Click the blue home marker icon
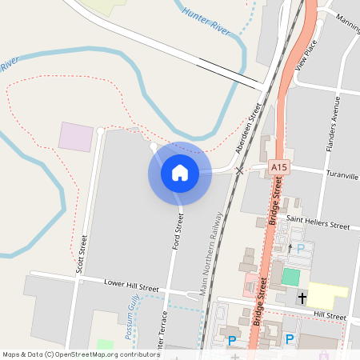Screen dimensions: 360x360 pyautogui.click(x=180, y=172)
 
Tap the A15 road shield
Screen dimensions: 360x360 pyautogui.click(x=278, y=166)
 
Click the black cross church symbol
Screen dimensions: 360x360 pyautogui.click(x=302, y=298)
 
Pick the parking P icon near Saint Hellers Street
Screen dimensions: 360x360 pyautogui.click(x=301, y=249)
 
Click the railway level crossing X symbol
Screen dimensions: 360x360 pyautogui.click(x=238, y=171)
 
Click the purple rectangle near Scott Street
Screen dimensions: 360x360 pyautogui.click(x=75, y=137)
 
